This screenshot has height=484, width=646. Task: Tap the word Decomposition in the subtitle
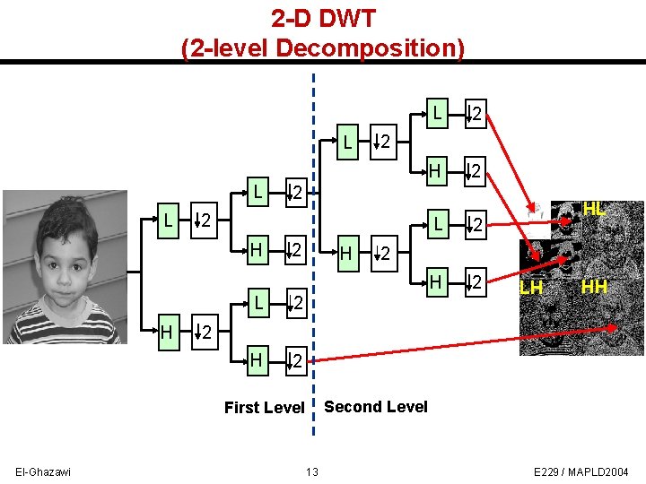tap(370, 48)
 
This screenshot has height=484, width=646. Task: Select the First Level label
tap(264, 408)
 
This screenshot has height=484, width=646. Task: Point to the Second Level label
tap(376, 407)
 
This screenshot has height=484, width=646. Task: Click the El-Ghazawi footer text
tap(44, 471)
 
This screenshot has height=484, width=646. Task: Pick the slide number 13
tap(312, 472)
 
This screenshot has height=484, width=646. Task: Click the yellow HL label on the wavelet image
tap(595, 209)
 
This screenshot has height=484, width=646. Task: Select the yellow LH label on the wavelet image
tap(531, 288)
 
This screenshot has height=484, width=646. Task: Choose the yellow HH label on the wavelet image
tap(594, 287)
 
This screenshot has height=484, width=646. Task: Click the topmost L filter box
tap(436, 112)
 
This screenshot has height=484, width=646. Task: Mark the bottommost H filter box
tap(258, 359)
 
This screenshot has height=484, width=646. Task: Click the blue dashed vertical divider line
tap(313, 269)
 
